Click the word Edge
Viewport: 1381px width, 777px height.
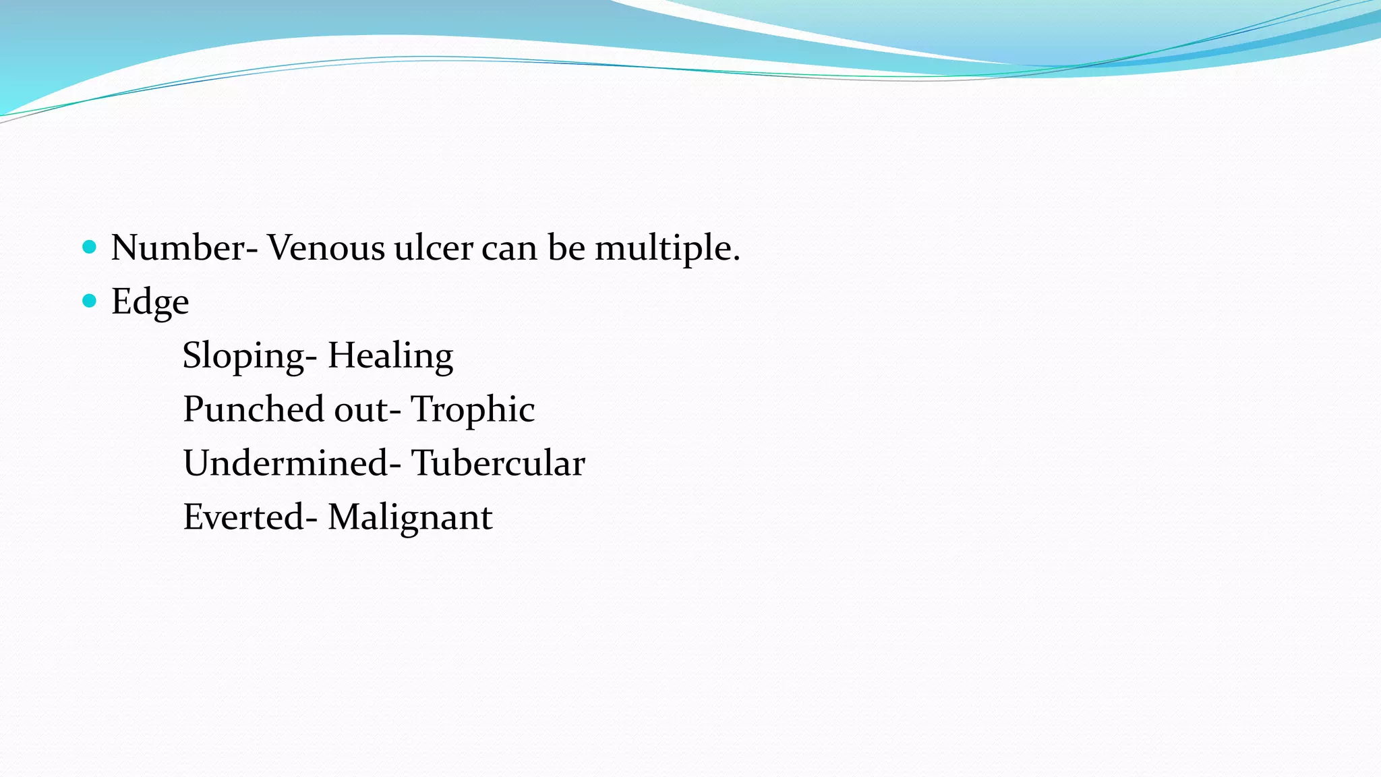[x=150, y=302]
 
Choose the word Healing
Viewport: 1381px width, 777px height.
[x=390, y=356]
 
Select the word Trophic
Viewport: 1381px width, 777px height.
[x=473, y=410]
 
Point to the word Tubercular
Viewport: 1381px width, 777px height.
[x=498, y=463]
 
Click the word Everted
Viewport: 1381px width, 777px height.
[x=243, y=517]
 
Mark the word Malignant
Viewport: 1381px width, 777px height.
[x=410, y=518]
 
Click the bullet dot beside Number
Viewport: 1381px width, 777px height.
[x=89, y=246]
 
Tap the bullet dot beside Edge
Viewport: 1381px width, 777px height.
[x=89, y=300]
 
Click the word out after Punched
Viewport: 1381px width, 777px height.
[x=361, y=410]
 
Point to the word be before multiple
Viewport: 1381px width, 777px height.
[x=566, y=248]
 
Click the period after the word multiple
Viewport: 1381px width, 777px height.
[x=736, y=258]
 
